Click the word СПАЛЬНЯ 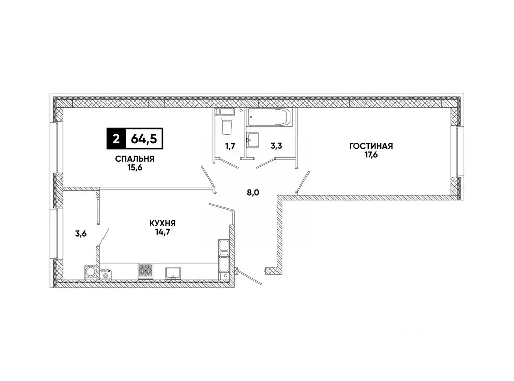coord(133,159)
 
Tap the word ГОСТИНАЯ coord(371,146)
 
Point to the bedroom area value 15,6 coord(133,169)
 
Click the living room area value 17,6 coord(371,155)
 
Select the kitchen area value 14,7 coord(162,232)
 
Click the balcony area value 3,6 coord(82,233)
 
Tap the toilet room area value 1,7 coord(230,146)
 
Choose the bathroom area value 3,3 coord(276,146)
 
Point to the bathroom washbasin coord(253,139)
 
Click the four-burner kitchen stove coord(145,270)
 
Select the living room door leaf coord(302,182)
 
